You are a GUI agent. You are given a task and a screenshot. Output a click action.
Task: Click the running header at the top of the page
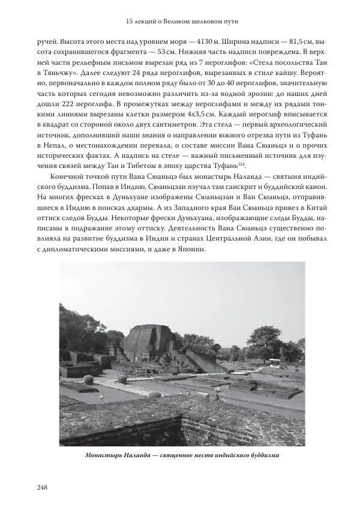coord(179,22)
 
